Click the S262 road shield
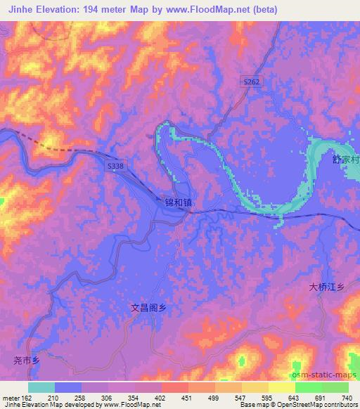[x=252, y=82]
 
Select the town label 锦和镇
[x=178, y=202]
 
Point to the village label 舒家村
[x=346, y=160]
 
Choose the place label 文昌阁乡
[x=152, y=307]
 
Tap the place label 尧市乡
[x=28, y=361]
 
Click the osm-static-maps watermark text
[x=323, y=373]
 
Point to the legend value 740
[x=347, y=397]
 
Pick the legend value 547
[x=243, y=397]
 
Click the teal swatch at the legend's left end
[x=41, y=387]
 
